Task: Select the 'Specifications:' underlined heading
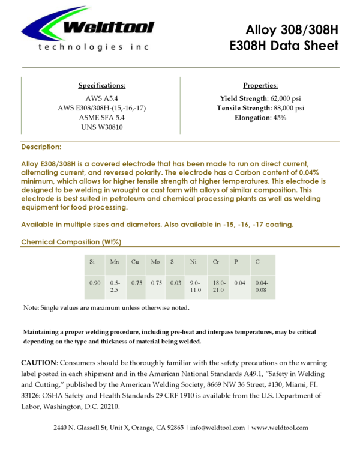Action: pos(102,85)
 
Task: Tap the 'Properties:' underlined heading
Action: pos(260,85)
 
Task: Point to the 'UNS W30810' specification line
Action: pos(102,127)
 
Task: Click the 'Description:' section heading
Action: pos(41,147)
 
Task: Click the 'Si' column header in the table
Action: pos(92,262)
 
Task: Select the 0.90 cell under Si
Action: pos(95,282)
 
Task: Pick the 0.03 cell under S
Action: pos(176,282)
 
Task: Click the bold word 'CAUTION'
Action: pos(38,363)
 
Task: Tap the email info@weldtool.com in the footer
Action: pos(218,428)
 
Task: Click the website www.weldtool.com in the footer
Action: pos(280,428)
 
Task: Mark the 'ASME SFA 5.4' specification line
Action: pos(102,117)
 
